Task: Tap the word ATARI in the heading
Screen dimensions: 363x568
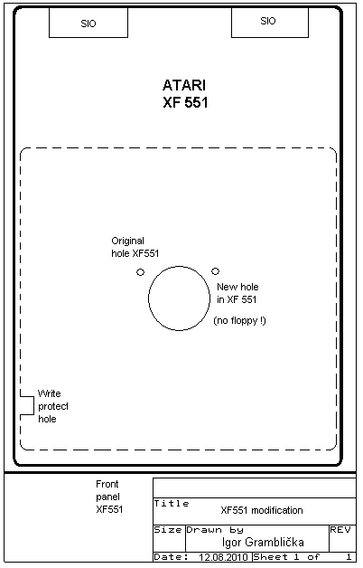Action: click(x=184, y=86)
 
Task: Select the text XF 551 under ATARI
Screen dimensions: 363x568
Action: click(x=185, y=102)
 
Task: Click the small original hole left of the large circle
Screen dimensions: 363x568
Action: click(x=140, y=272)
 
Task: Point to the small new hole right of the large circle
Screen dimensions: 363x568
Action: click(x=215, y=271)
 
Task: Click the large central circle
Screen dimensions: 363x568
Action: click(x=149, y=298)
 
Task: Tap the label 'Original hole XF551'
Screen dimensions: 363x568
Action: click(x=135, y=247)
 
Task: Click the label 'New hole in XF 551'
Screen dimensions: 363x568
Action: click(x=237, y=293)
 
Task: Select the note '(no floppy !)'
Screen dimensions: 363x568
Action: click(x=239, y=320)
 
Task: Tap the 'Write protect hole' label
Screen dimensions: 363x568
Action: click(x=52, y=406)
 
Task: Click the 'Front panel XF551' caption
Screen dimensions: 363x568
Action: click(x=109, y=497)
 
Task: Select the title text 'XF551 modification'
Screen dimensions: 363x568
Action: click(x=262, y=510)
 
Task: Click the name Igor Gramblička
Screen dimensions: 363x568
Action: click(x=263, y=543)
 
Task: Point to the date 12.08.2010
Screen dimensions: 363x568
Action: click(x=223, y=557)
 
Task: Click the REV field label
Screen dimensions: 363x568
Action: click(x=340, y=530)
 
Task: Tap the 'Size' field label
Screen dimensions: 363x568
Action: click(x=168, y=530)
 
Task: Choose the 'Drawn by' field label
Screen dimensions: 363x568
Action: click(x=215, y=530)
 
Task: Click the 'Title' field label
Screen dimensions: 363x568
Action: click(x=172, y=503)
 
